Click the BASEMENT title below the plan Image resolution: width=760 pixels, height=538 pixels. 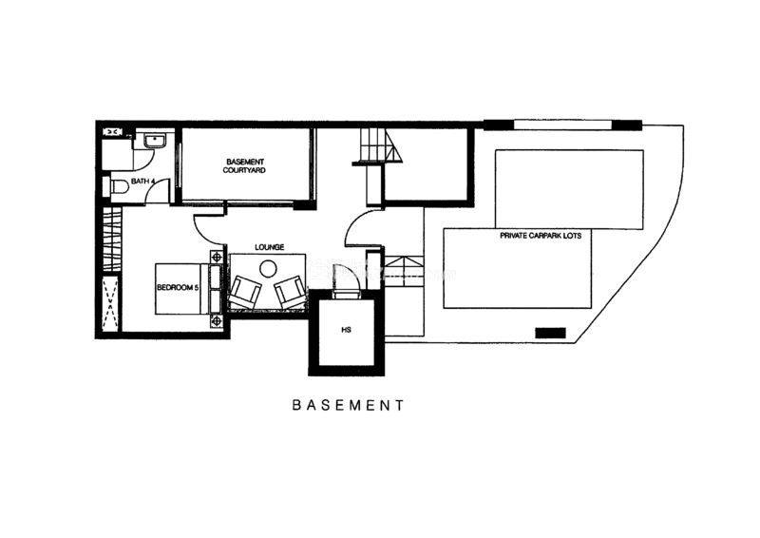point(348,405)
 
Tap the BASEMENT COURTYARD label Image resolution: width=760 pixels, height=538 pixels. point(244,166)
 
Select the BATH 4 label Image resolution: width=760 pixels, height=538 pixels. point(143,182)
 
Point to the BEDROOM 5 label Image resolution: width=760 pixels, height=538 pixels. point(178,287)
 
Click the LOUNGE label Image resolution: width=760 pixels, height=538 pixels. point(270,247)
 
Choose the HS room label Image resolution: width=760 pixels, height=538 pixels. point(346,330)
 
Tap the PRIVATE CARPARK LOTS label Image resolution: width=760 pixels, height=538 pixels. point(541,236)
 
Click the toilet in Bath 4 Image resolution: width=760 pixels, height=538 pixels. point(115,186)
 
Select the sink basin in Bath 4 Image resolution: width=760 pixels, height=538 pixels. point(155,141)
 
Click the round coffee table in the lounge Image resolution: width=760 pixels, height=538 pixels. point(268,268)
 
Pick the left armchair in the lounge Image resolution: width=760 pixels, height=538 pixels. point(245,291)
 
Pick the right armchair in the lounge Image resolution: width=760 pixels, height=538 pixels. point(291,291)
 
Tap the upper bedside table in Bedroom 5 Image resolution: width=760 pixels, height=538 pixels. point(217,257)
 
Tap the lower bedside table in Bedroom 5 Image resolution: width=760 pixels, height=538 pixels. point(217,320)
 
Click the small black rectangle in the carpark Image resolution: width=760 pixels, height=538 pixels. point(550,333)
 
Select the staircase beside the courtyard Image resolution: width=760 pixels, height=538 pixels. point(381,144)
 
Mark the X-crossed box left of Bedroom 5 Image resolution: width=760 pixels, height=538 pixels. point(111,303)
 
